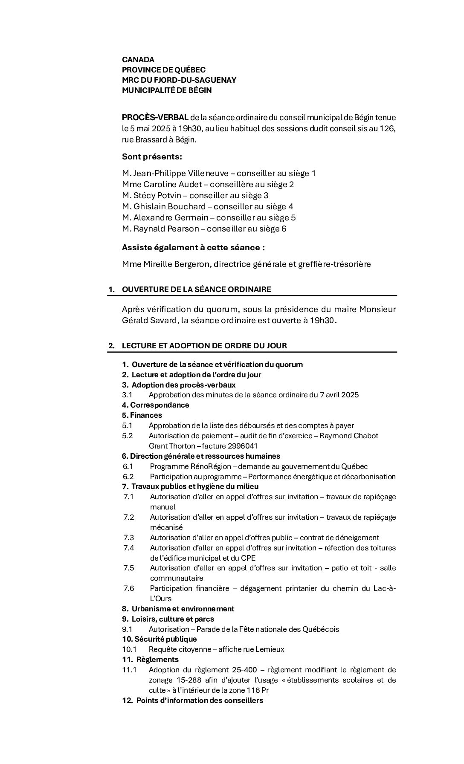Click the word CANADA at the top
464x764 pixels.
click(138, 60)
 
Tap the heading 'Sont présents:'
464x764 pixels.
click(152, 156)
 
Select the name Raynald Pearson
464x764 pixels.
click(166, 229)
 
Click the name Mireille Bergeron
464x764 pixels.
click(176, 264)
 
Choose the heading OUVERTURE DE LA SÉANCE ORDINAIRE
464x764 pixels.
click(196, 289)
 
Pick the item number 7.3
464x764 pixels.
click(128, 538)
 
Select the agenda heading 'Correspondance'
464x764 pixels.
click(159, 405)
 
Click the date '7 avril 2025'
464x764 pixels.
click(339, 395)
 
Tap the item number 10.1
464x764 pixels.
click(129, 649)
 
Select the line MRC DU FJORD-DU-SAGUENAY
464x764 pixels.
click(179, 80)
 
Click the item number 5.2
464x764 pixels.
click(128, 436)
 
